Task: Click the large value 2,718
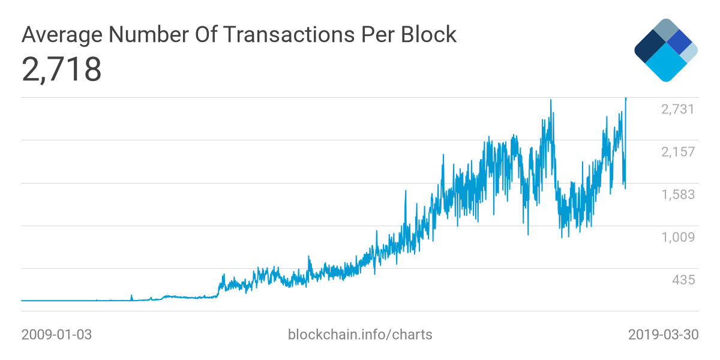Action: (61, 70)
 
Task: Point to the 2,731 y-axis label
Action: (677, 109)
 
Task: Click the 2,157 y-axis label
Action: (677, 152)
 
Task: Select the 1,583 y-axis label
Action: (677, 194)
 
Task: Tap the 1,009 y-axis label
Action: (677, 237)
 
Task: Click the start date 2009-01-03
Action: (56, 334)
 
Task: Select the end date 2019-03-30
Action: (663, 334)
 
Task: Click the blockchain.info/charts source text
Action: (360, 334)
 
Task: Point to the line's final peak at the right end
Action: (626, 98)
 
